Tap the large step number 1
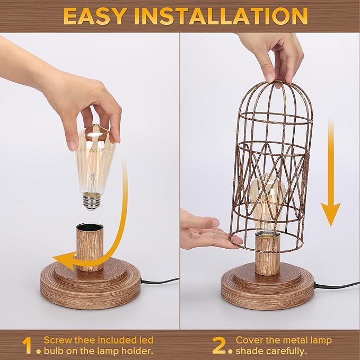[x=27, y=346]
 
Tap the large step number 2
[x=219, y=346]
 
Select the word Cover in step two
[x=249, y=340]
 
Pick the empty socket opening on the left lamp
[x=90, y=227]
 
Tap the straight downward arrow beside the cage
[x=331, y=175]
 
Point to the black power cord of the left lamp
[x=159, y=281]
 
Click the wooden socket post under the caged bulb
[x=267, y=254]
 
